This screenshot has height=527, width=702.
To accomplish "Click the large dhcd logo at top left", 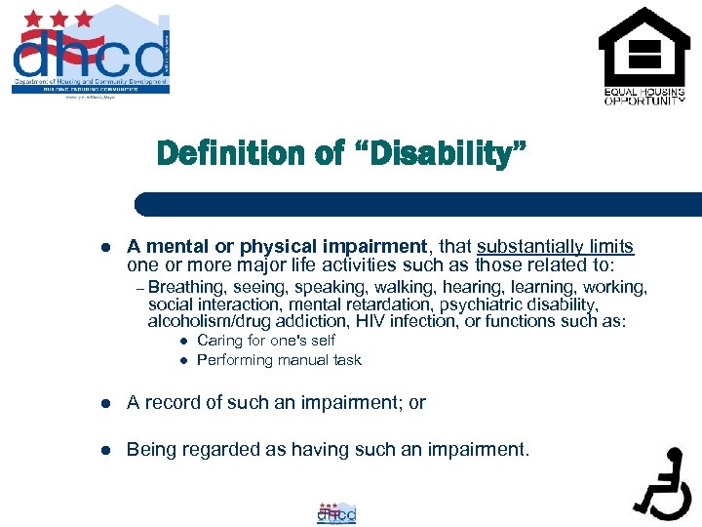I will pyautogui.click(x=91, y=53).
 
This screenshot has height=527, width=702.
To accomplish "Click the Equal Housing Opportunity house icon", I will pyautogui.click(x=643, y=48).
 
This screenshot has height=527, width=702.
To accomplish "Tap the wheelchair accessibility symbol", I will pyautogui.click(x=663, y=482).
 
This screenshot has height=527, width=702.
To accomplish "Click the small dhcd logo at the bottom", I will pyautogui.click(x=336, y=513).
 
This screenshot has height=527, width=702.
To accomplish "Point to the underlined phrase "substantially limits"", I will pyautogui.click(x=555, y=247).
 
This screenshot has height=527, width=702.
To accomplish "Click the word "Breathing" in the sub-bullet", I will pyautogui.click(x=189, y=287).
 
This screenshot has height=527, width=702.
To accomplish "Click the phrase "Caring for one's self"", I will pyautogui.click(x=265, y=341).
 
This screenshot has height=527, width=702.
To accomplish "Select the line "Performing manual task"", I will pyautogui.click(x=279, y=360).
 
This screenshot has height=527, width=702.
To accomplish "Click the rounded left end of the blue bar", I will pyautogui.click(x=142, y=204).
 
